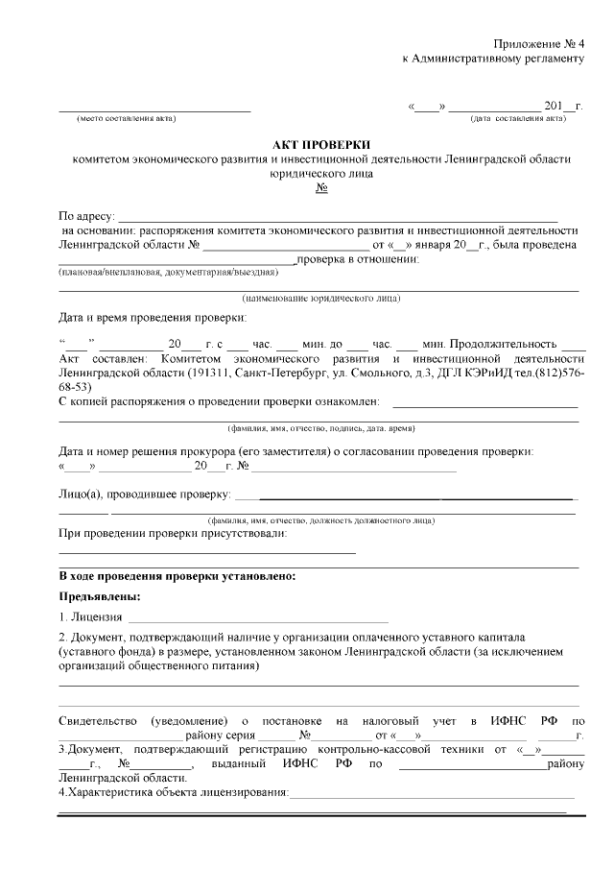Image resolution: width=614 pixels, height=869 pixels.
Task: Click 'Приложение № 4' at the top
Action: coord(538,44)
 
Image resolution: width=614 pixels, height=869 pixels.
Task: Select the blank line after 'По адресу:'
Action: coord(336,216)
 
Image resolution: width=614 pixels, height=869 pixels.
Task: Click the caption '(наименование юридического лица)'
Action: coord(321,298)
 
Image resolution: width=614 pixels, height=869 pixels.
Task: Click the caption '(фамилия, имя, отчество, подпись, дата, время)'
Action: coord(320,428)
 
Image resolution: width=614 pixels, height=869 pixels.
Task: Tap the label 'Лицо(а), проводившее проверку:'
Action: coord(145,495)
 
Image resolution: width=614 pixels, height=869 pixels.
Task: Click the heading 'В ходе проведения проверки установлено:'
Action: coord(177,576)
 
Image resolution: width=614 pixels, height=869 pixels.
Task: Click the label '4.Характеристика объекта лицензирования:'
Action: coord(174,792)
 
